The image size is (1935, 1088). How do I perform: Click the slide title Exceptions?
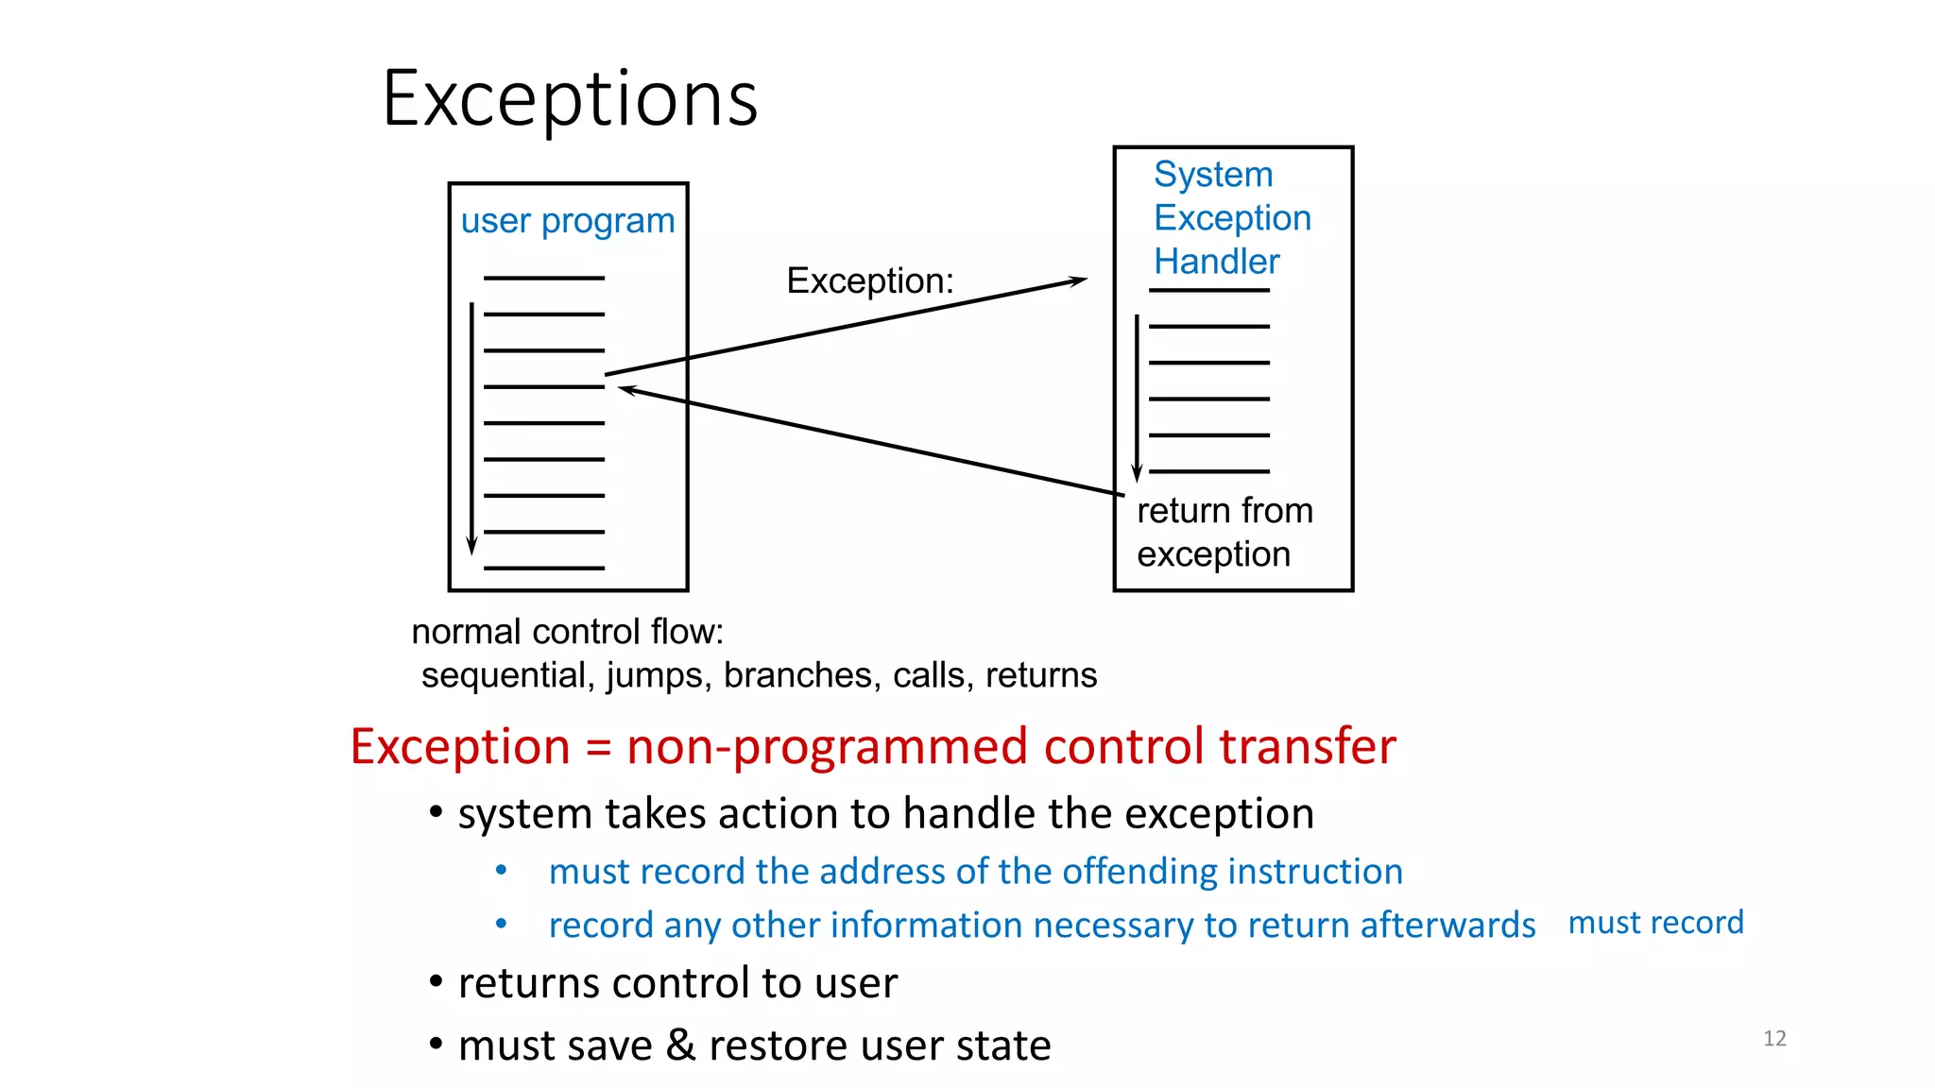[x=570, y=98]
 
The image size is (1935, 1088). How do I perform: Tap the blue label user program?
[x=568, y=221]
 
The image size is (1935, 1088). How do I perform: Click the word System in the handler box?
[x=1213, y=175]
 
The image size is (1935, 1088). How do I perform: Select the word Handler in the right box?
[x=1216, y=262]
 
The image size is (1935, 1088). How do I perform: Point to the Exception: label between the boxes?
[x=870, y=280]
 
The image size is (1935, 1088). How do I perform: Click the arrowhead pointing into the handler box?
[x=1079, y=280]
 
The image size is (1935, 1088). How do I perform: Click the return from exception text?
[x=1224, y=532]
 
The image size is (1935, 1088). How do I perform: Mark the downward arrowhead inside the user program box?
[x=471, y=546]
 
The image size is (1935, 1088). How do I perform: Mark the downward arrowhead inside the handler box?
[x=1137, y=473]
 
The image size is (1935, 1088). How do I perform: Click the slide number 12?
[x=1774, y=1038]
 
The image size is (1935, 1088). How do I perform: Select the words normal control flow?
[x=567, y=632]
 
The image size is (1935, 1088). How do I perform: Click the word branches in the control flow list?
[x=797, y=675]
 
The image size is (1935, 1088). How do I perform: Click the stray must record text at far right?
[x=1655, y=923]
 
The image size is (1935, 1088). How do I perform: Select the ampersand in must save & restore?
[x=680, y=1045]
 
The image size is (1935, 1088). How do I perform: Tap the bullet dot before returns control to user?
[x=436, y=982]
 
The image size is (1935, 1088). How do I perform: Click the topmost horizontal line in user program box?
[x=543, y=279]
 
